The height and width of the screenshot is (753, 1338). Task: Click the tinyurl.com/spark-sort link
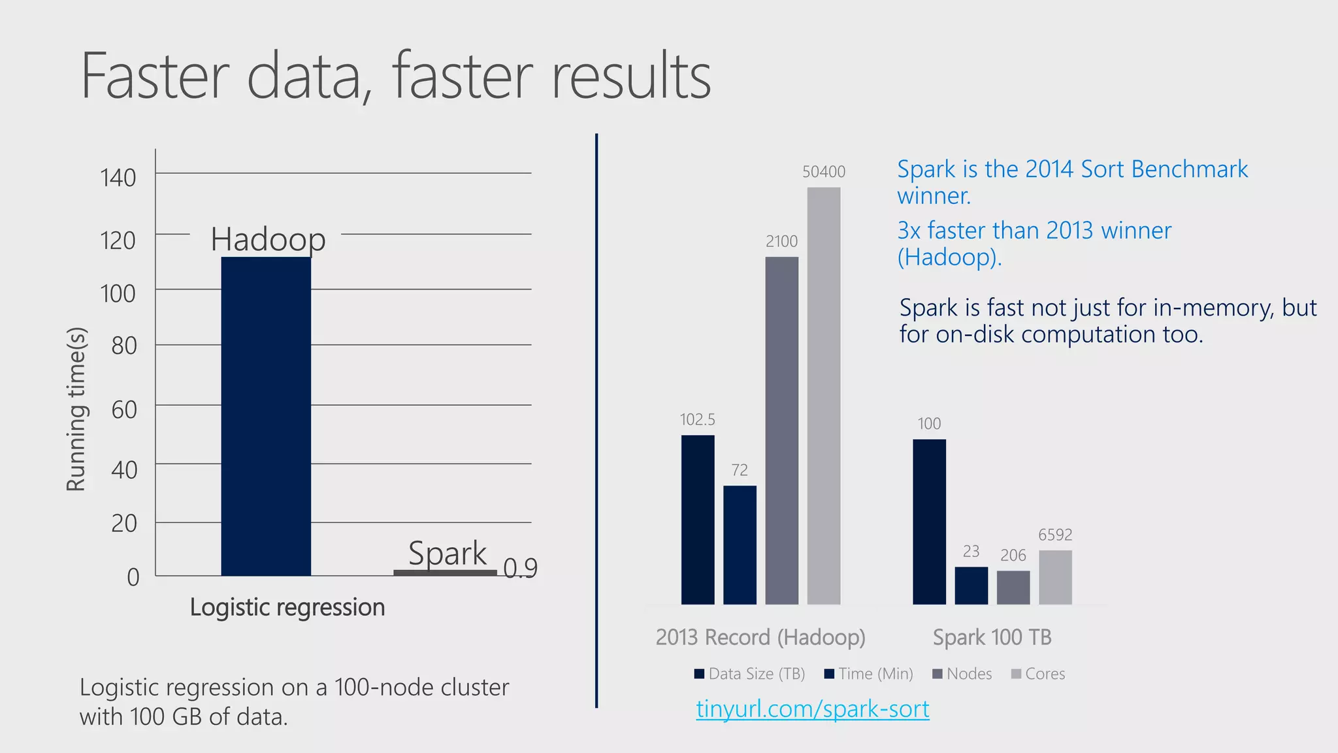pos(812,709)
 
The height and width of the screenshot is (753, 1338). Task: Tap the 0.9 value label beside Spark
pos(521,569)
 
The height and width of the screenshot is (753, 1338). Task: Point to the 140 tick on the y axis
pos(118,178)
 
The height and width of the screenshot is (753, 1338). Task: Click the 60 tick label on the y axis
pos(124,410)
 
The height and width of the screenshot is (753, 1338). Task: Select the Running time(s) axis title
pos(76,409)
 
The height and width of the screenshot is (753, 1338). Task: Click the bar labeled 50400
pos(824,395)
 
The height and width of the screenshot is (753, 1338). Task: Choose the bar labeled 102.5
pos(698,520)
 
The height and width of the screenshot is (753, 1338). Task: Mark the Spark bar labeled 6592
pos(1055,577)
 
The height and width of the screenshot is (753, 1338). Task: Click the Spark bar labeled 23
pos(971,586)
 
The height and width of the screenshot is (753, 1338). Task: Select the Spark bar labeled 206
pos(1013,588)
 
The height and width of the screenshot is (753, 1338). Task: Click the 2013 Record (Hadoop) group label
pos(760,637)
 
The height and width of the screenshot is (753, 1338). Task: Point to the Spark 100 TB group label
pos(992,637)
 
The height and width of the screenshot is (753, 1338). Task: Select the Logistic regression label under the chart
pos(287,607)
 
